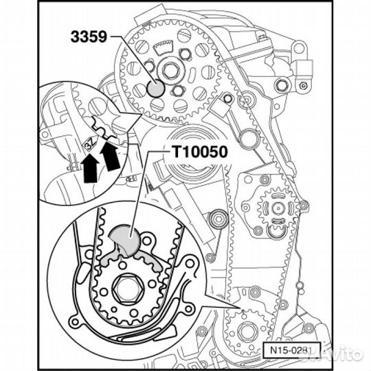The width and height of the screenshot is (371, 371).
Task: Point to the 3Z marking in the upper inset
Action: pos(89,144)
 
